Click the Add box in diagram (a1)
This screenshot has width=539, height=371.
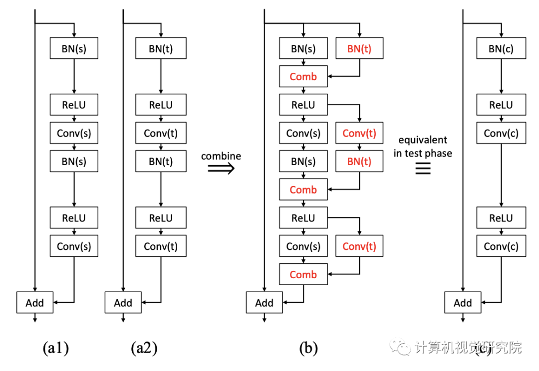tap(34, 303)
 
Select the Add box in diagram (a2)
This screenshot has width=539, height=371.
tap(123, 303)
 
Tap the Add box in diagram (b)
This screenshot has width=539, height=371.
tap(264, 303)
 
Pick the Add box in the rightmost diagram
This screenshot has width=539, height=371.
tap(463, 303)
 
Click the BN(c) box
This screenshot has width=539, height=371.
tap(501, 49)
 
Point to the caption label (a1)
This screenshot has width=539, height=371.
tap(55, 348)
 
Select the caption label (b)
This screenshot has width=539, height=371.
tap(308, 348)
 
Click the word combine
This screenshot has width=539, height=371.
tap(221, 156)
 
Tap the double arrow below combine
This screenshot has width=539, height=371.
tap(221, 170)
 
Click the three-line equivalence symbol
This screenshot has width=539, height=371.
tap(423, 170)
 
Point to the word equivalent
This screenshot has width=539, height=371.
tap(423, 140)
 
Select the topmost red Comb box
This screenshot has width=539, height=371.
tap(303, 77)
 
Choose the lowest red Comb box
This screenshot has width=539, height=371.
tap(303, 275)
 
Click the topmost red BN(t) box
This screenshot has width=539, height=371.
tap(359, 49)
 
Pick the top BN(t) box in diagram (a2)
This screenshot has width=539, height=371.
tap(161, 49)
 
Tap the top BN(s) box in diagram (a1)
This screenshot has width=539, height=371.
tap(74, 49)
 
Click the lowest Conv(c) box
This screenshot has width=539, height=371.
tap(501, 246)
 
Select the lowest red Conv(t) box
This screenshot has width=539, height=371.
tap(359, 246)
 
